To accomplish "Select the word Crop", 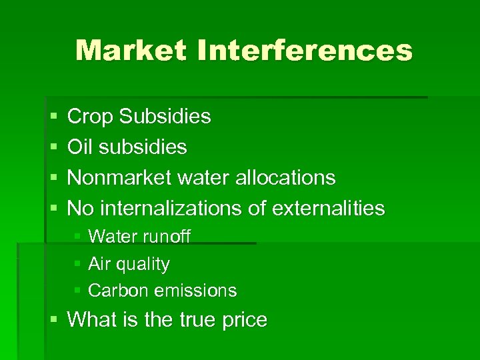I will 91,117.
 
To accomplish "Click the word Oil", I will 79,147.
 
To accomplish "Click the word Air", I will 99,264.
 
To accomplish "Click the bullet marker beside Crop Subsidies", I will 53,117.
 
